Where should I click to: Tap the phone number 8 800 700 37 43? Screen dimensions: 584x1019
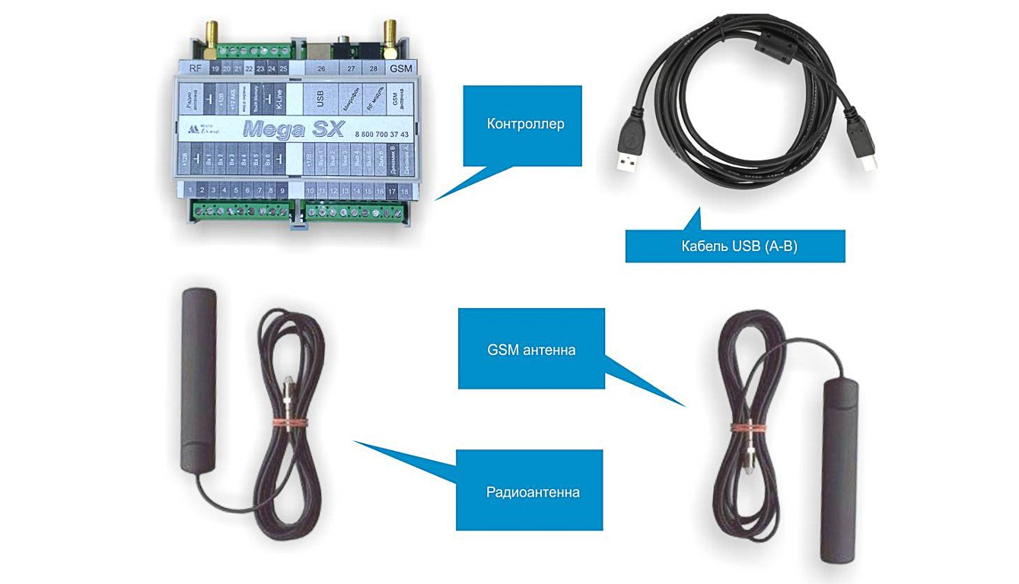click(382, 134)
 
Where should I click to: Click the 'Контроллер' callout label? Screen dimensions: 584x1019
click(525, 124)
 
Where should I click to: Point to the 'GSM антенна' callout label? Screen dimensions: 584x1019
click(531, 350)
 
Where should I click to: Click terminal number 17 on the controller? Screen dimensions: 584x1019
click(392, 190)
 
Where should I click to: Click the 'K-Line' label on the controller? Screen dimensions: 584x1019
click(280, 98)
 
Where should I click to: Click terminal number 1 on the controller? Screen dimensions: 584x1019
click(186, 189)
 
